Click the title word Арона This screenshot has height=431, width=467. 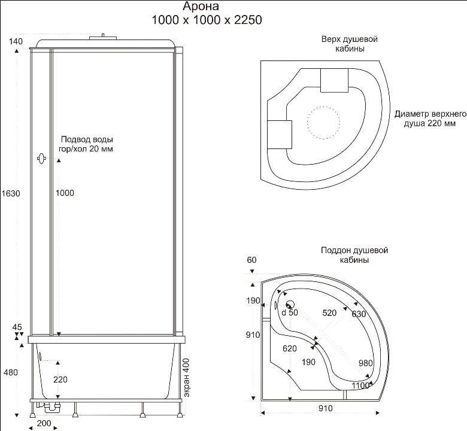201,6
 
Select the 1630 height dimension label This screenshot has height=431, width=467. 11,193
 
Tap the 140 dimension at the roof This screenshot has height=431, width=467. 16,41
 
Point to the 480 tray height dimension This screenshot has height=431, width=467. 11,372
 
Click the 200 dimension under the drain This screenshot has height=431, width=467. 44,423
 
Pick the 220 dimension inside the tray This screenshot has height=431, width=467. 60,380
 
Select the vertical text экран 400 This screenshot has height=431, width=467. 186,378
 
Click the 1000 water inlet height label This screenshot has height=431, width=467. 65,193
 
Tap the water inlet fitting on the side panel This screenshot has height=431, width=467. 41,159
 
